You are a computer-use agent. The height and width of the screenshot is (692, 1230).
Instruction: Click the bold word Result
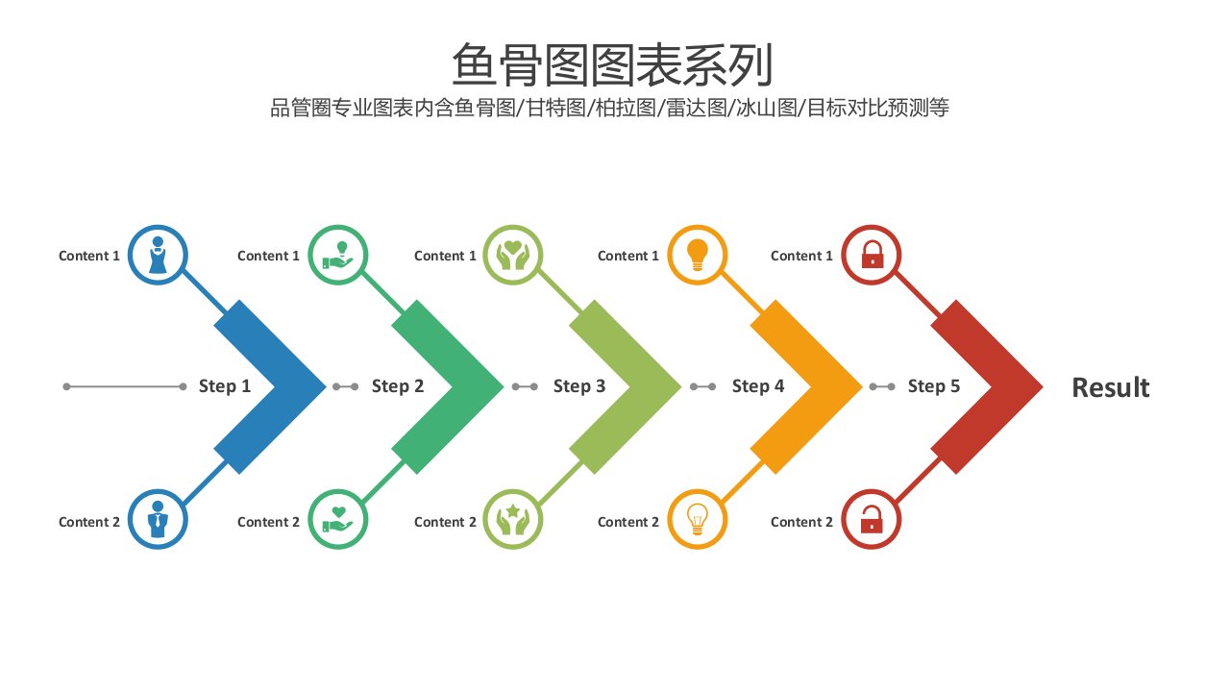pyautogui.click(x=1110, y=387)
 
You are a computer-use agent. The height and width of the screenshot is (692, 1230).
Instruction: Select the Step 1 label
pyautogui.click(x=225, y=386)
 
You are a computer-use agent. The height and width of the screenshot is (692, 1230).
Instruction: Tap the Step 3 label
pyautogui.click(x=579, y=386)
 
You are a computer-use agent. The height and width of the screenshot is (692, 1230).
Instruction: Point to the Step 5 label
pyautogui.click(x=933, y=386)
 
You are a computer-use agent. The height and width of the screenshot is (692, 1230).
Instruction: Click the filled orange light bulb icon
pyautogui.click(x=698, y=255)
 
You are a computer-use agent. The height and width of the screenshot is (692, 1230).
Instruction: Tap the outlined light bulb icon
pyautogui.click(x=698, y=519)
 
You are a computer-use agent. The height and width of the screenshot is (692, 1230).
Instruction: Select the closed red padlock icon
pyautogui.click(x=872, y=255)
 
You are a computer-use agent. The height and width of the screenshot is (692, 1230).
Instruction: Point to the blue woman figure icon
pyautogui.click(x=159, y=255)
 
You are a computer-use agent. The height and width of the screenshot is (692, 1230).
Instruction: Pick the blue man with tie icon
pyautogui.click(x=159, y=519)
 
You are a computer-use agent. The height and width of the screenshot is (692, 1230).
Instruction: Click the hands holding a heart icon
pyautogui.click(x=513, y=255)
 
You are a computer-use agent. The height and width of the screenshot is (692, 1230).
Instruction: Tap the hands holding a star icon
pyautogui.click(x=513, y=519)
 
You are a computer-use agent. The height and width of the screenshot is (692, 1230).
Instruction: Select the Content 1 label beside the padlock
pyautogui.click(x=801, y=256)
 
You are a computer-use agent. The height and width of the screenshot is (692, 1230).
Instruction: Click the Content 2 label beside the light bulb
pyautogui.click(x=628, y=522)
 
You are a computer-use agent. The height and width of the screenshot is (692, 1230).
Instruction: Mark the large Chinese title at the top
pyautogui.click(x=612, y=64)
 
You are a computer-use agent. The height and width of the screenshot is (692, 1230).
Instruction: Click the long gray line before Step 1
pyautogui.click(x=125, y=386)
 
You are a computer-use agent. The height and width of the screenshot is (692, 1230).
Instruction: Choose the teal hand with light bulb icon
pyautogui.click(x=337, y=256)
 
